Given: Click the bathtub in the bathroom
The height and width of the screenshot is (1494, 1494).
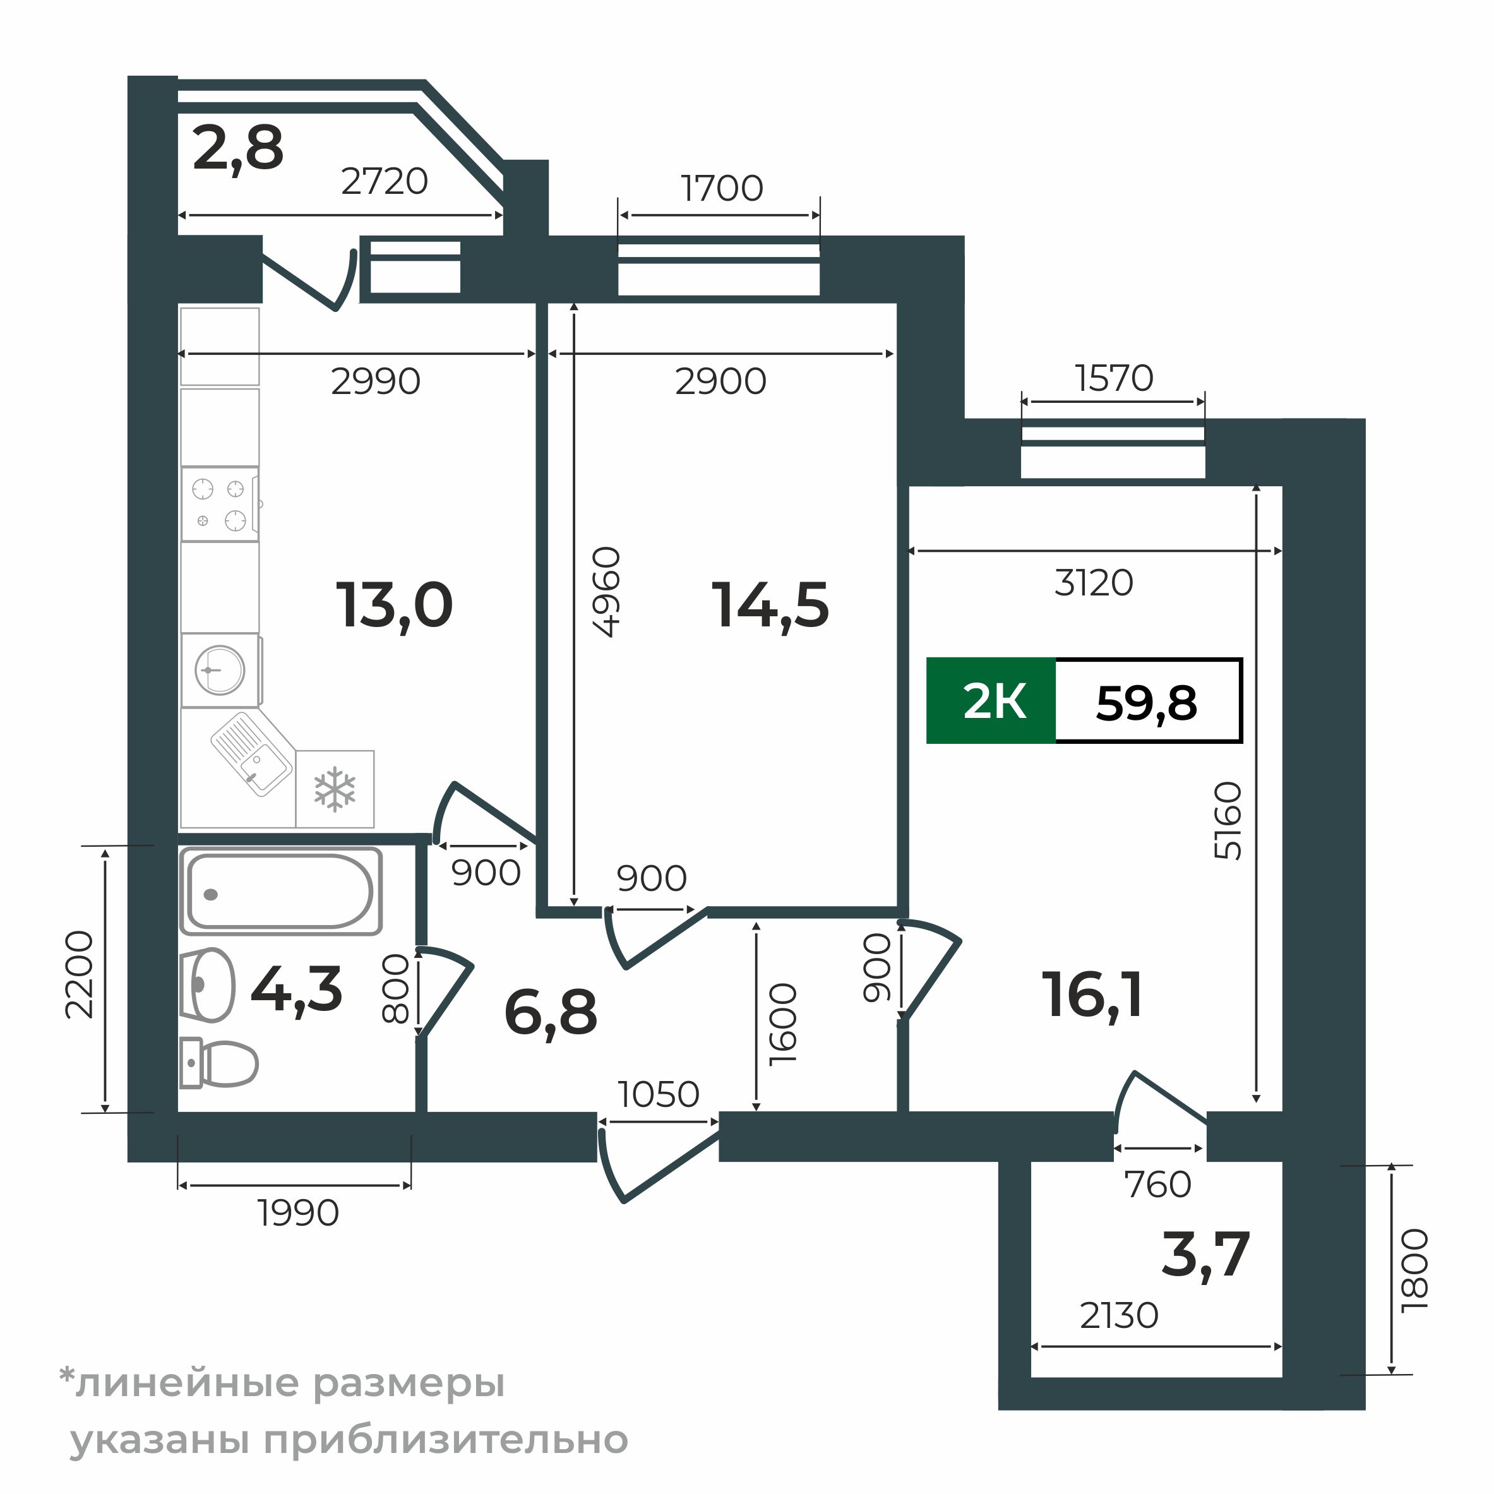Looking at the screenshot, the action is pos(281,892).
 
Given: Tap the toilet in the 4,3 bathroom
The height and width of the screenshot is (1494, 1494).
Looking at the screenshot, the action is pos(219,1063).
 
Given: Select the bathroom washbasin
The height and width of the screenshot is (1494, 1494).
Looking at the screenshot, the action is pos(207,986).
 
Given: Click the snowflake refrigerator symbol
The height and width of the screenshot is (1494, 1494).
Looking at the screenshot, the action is pos(335,789).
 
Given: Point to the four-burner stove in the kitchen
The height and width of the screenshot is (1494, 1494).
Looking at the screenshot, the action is pos(220,504).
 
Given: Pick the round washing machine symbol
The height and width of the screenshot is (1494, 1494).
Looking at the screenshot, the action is pos(220,670).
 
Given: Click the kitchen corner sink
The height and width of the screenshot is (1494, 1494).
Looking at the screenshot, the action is pos(252,753).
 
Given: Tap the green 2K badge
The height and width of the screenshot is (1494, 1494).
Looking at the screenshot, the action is pos(991,702).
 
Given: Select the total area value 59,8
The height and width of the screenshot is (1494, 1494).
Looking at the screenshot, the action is pos(1146,703).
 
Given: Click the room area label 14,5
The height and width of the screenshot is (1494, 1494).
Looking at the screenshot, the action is pos(770,606).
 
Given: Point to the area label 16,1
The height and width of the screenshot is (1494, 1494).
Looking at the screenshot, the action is pos(1092,995).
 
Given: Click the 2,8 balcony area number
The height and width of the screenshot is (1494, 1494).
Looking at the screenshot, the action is pos(238,148).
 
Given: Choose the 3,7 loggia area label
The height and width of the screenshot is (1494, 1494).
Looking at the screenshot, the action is pos(1205,1254).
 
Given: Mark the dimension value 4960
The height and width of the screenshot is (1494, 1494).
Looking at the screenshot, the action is pos(606,592).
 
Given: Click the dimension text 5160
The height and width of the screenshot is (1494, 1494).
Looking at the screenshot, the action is pos(1228,822).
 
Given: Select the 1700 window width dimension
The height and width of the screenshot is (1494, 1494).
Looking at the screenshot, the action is pos(722,188).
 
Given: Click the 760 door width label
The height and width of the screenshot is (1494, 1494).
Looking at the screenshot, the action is pos(1157,1185).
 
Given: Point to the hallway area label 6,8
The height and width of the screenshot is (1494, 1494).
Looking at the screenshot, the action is pos(551,1013).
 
